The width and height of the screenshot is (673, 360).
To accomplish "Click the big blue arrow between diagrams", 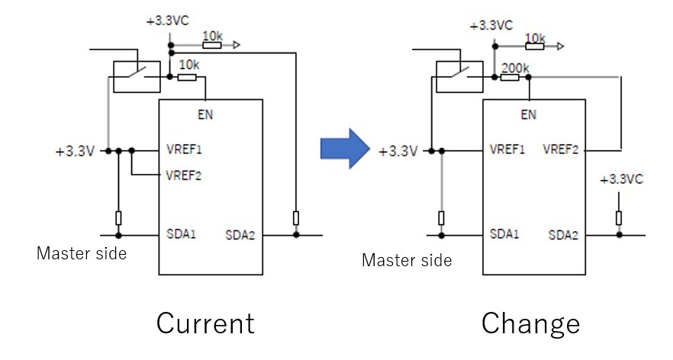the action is (x=345, y=149).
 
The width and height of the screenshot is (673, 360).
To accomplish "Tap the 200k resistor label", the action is (x=515, y=68).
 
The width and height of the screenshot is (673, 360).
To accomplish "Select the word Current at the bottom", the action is (x=205, y=323).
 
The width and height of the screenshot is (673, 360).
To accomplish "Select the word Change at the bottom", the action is (x=530, y=324).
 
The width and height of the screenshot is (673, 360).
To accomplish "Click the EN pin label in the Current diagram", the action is (x=205, y=114).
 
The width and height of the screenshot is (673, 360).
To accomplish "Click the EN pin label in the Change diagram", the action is (x=528, y=114).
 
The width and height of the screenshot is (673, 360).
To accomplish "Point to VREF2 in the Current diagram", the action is (x=184, y=175).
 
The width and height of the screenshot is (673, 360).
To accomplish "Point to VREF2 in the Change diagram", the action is (x=561, y=149).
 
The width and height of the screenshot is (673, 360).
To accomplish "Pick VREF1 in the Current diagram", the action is (x=184, y=149).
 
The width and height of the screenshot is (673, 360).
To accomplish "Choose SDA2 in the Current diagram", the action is (x=240, y=235).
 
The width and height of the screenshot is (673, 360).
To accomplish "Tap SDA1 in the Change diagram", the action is (x=504, y=234).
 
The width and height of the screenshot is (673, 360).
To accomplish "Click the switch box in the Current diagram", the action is (x=137, y=77).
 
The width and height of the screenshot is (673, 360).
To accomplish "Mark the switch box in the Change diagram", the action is (x=459, y=77).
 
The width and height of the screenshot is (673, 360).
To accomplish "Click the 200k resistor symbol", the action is (x=510, y=77).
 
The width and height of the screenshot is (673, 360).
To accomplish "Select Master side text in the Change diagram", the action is (x=407, y=260).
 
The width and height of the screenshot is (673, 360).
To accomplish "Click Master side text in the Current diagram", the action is (x=82, y=253).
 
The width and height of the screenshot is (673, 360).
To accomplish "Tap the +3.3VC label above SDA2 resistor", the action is (x=621, y=179).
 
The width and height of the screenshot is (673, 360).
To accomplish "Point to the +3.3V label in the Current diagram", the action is (x=75, y=152).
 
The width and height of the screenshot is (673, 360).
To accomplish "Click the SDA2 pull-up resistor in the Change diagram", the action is (x=619, y=218).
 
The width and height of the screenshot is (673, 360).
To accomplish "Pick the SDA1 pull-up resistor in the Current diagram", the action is (x=118, y=218).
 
